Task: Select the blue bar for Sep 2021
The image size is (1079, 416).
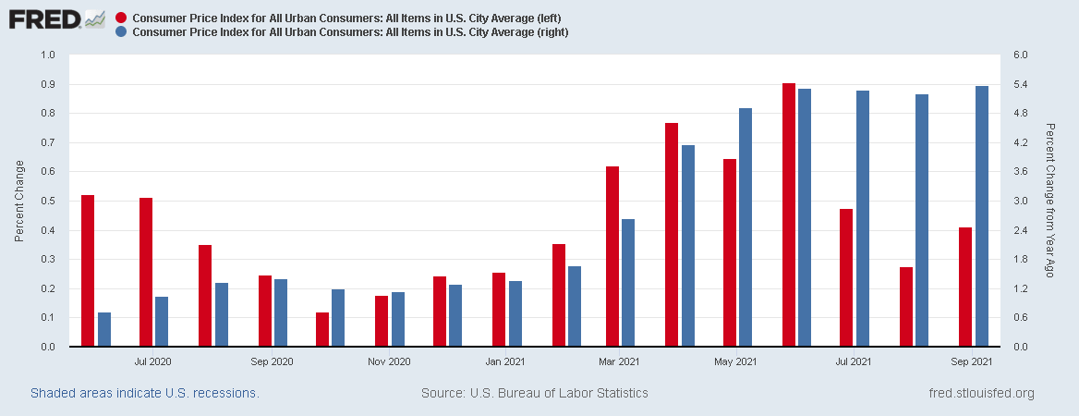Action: tap(982, 216)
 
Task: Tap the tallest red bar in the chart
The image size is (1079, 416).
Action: tap(788, 215)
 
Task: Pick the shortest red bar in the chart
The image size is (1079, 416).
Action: tap(322, 330)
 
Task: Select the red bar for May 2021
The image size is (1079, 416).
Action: tap(730, 253)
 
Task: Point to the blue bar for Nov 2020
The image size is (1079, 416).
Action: tap(398, 320)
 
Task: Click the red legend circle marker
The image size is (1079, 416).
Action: tap(123, 18)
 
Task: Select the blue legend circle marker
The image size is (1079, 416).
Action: tap(123, 32)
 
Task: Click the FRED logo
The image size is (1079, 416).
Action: tap(55, 18)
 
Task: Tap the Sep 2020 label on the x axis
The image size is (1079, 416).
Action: tap(272, 361)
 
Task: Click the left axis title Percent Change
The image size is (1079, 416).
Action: tap(19, 202)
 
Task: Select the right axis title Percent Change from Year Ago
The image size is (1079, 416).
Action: tap(1049, 201)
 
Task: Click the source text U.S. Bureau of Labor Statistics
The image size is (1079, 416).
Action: tap(534, 393)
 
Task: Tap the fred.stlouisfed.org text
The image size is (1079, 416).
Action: tap(981, 393)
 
